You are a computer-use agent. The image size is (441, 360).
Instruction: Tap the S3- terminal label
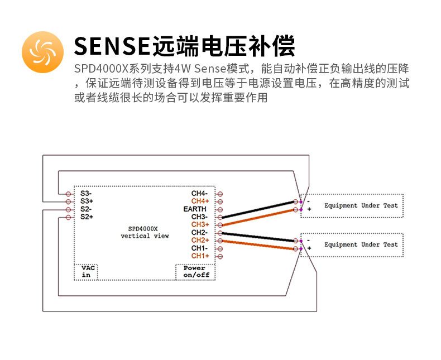click(86, 193)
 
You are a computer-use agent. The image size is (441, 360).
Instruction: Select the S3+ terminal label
click(87, 201)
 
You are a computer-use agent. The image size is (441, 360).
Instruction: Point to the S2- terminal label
click(86, 209)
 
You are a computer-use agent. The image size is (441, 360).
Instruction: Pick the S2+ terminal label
click(87, 217)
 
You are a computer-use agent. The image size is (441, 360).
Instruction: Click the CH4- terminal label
click(199, 193)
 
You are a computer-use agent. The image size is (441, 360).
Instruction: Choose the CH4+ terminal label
click(200, 201)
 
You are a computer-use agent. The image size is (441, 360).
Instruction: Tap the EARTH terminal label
click(195, 209)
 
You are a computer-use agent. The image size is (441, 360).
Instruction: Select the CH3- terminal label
click(199, 217)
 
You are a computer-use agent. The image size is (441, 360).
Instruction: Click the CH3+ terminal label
click(200, 224)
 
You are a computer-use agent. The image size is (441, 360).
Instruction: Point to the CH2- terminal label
click(199, 232)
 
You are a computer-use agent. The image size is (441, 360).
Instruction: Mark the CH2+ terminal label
click(200, 240)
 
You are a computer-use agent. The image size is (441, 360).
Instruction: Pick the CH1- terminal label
click(199, 248)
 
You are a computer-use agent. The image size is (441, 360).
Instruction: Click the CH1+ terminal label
click(200, 256)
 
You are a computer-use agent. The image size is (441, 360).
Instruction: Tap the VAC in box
click(86, 272)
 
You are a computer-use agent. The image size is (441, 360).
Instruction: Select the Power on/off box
click(195, 272)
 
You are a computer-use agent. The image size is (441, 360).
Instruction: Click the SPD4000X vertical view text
click(145, 232)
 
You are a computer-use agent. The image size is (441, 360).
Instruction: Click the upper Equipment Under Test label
click(361, 205)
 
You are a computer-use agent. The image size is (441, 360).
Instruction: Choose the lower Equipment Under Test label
click(361, 244)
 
